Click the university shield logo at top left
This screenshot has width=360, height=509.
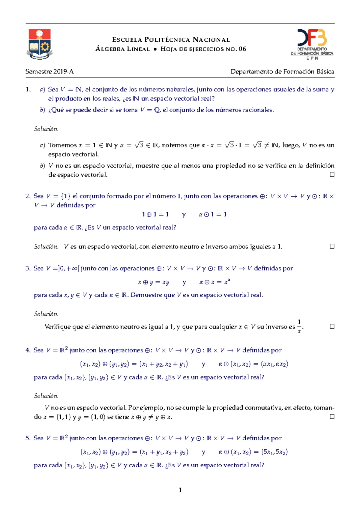40,44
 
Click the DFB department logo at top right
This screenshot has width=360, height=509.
312,44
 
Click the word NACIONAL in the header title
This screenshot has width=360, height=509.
211,40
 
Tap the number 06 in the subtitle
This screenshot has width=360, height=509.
242,49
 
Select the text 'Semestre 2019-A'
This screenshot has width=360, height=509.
49,72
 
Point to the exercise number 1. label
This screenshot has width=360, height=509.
28,89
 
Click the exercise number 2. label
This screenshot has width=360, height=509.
28,196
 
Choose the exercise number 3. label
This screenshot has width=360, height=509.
28,268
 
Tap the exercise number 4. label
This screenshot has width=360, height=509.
28,350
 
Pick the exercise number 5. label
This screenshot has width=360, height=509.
28,438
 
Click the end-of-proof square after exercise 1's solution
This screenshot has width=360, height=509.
332,174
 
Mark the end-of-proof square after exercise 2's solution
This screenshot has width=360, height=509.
332,246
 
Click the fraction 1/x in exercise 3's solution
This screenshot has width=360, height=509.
299,326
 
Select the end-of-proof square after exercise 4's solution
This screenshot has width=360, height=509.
332,416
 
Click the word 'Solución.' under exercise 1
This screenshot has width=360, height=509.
46,129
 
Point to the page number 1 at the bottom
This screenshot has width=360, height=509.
180,490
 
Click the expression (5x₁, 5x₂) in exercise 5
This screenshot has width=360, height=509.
274,452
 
